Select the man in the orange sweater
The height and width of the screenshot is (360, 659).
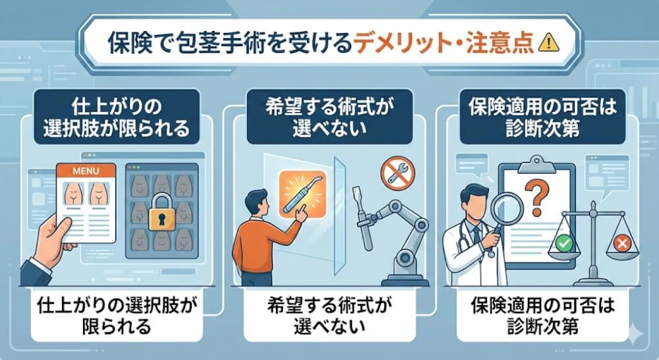click(x=260, y=234)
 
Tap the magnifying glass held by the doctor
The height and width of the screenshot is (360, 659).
click(x=505, y=215)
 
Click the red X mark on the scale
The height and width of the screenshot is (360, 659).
click(x=621, y=245)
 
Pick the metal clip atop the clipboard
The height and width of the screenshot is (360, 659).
click(x=537, y=162)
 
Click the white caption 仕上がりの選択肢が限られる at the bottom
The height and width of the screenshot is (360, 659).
click(x=109, y=315)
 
